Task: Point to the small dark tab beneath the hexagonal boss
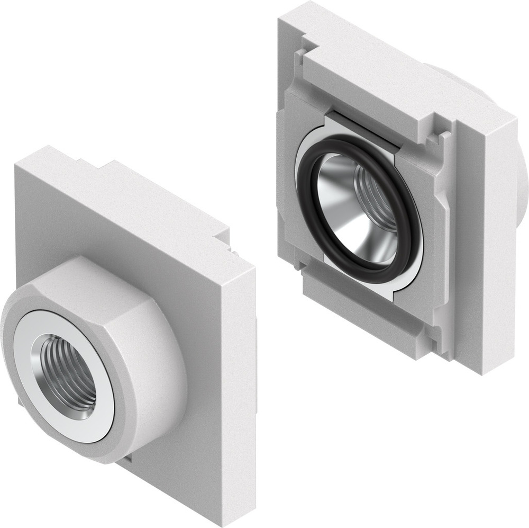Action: click(124, 460)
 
